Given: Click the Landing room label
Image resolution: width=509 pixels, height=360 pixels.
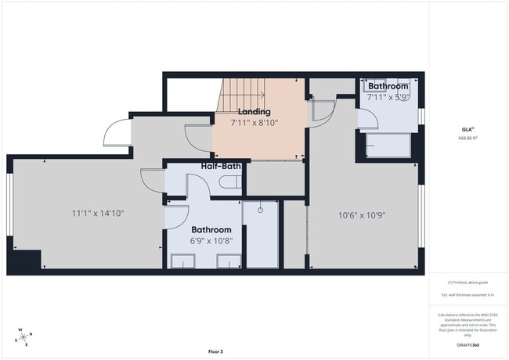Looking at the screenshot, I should (254, 112).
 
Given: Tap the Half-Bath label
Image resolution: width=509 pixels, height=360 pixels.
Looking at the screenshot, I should (220, 167).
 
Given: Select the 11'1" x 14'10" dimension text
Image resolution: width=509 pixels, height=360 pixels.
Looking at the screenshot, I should (98, 212).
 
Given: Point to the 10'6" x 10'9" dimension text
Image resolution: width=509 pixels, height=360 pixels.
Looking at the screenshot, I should (361, 214).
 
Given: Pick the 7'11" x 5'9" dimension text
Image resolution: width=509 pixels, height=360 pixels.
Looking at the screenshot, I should (388, 98).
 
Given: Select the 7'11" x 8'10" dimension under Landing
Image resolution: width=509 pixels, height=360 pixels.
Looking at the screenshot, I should (254, 123).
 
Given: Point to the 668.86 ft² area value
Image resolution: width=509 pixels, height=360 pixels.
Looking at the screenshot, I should (468, 138).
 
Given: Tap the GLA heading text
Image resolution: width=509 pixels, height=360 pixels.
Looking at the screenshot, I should (467, 129).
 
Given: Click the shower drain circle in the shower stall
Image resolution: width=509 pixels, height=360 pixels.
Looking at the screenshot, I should (261, 209).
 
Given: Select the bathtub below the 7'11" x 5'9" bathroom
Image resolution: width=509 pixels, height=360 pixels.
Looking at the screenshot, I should (389, 146).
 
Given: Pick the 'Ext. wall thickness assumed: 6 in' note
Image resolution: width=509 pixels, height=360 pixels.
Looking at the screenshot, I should (468, 294).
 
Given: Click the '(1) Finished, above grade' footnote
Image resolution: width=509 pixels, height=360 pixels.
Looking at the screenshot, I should (468, 282).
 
